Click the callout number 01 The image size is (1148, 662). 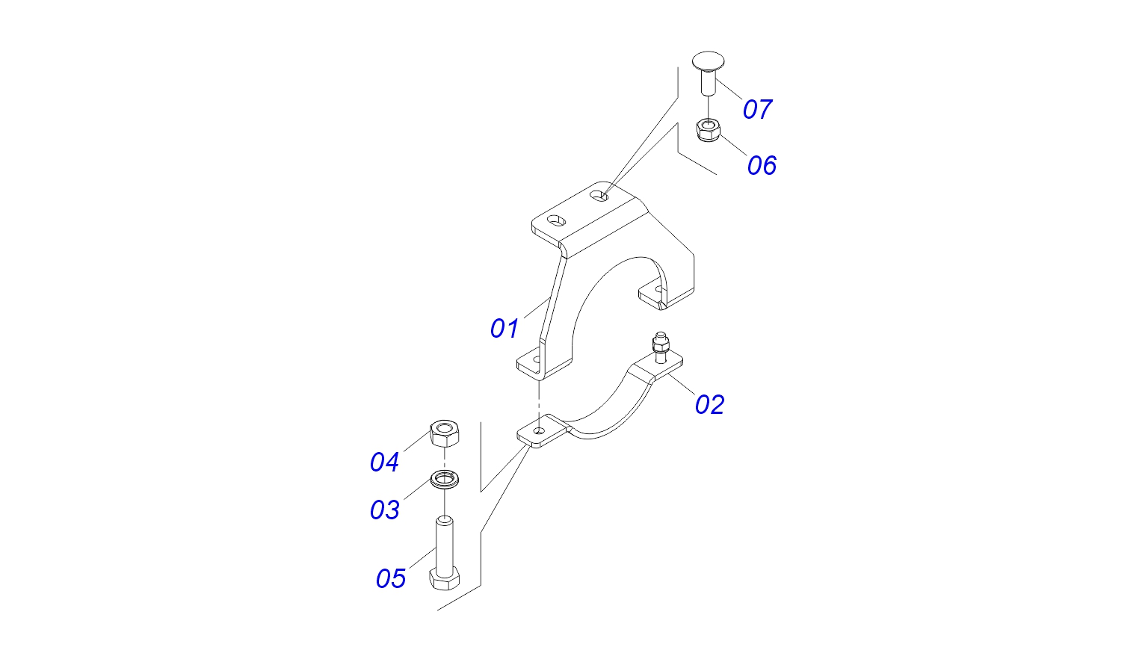point(504,328)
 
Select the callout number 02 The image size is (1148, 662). point(709,404)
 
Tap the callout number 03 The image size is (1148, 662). point(385,510)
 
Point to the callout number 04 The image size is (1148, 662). point(385,463)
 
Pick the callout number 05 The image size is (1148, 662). point(390,578)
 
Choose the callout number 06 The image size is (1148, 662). point(762,165)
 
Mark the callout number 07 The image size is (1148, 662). point(756,109)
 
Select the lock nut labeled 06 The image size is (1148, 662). point(707,131)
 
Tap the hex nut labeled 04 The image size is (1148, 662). point(445,433)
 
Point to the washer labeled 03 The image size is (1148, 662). point(445,478)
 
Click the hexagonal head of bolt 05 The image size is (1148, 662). point(444,578)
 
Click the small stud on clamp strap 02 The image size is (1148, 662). point(659,347)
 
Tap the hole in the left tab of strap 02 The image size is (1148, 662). point(538,430)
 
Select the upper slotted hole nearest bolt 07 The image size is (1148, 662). point(599,196)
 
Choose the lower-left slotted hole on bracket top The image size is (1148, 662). point(556,220)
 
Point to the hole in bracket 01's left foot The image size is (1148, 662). point(535,359)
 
